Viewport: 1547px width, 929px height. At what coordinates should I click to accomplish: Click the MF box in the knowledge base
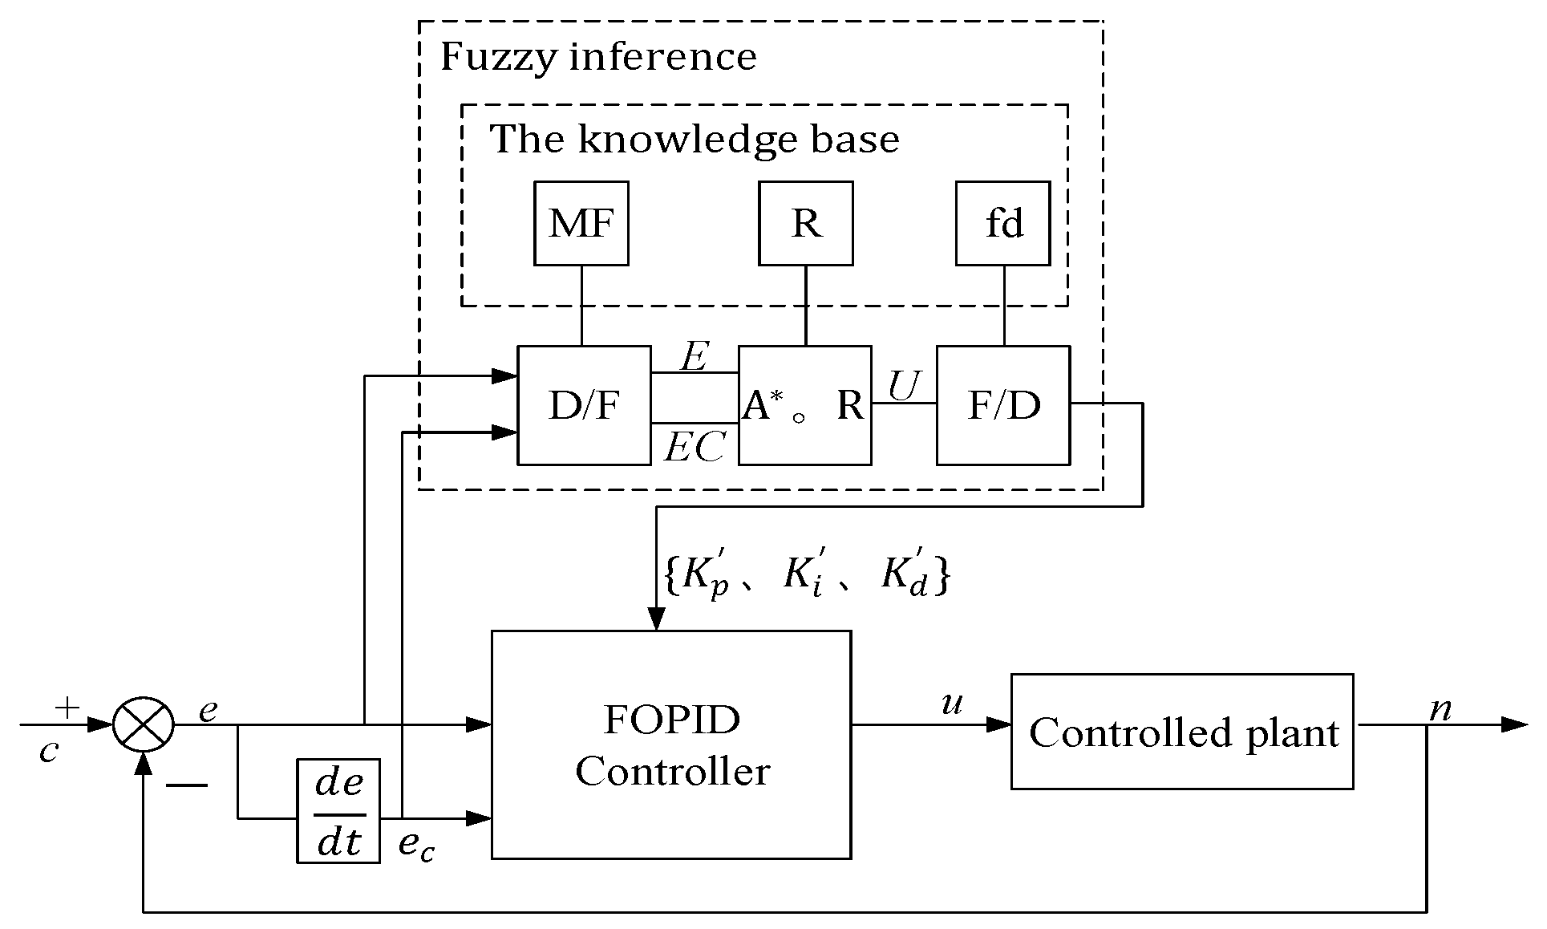(x=581, y=223)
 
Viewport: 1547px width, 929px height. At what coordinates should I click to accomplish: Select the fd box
(x=1003, y=223)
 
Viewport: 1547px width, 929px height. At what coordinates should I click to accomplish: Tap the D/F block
(x=584, y=405)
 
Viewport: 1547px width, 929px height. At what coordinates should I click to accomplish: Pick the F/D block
(x=1003, y=405)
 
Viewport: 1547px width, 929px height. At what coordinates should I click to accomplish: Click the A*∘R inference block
(x=805, y=405)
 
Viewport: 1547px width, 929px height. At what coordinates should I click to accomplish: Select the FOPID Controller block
(x=671, y=745)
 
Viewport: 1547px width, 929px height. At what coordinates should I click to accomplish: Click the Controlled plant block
(x=1182, y=732)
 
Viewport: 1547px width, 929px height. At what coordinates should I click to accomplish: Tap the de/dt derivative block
(x=338, y=810)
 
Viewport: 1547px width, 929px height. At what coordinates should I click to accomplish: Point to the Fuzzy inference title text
(x=598, y=57)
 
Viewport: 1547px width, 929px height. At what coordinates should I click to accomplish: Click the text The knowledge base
(x=695, y=139)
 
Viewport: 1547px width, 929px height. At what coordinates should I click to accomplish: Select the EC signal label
(x=695, y=447)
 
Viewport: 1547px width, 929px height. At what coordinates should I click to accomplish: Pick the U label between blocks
(x=904, y=386)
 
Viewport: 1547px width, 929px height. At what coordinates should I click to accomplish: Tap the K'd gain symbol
(x=905, y=574)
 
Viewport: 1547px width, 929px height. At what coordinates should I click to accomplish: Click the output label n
(x=1441, y=709)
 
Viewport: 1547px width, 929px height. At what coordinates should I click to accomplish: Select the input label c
(x=50, y=752)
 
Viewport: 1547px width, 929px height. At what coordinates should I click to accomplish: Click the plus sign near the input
(x=67, y=708)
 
